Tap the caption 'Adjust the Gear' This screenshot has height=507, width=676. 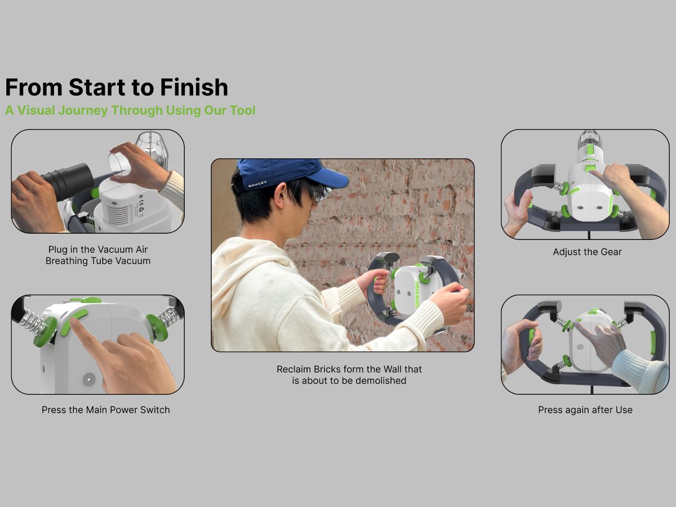point(587,252)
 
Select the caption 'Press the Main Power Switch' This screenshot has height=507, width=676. point(105,410)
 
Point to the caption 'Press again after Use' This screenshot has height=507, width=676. point(585,410)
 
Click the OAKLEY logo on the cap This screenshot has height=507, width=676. point(257,184)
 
